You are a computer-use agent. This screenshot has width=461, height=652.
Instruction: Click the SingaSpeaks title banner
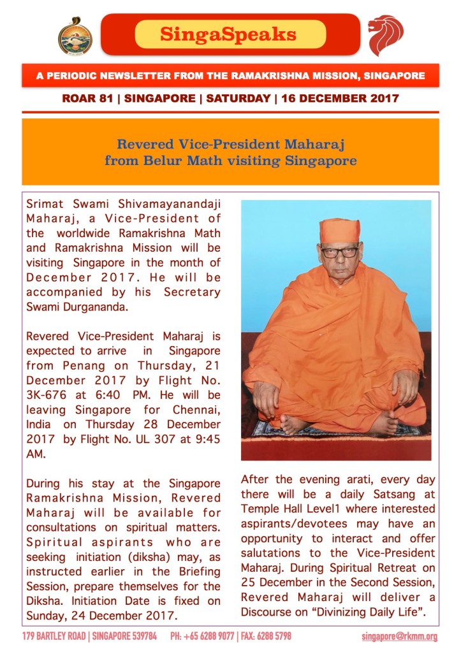[x=230, y=34]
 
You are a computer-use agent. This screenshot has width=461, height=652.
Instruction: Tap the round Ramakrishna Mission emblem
[x=75, y=36]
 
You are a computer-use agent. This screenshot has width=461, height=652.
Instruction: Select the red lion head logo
[x=386, y=35]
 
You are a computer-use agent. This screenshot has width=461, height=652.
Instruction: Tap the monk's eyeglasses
[x=339, y=251]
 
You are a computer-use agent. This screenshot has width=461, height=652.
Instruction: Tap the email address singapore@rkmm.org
[x=399, y=637]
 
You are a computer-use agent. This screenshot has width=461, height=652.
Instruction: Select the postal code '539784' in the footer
[x=145, y=637]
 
